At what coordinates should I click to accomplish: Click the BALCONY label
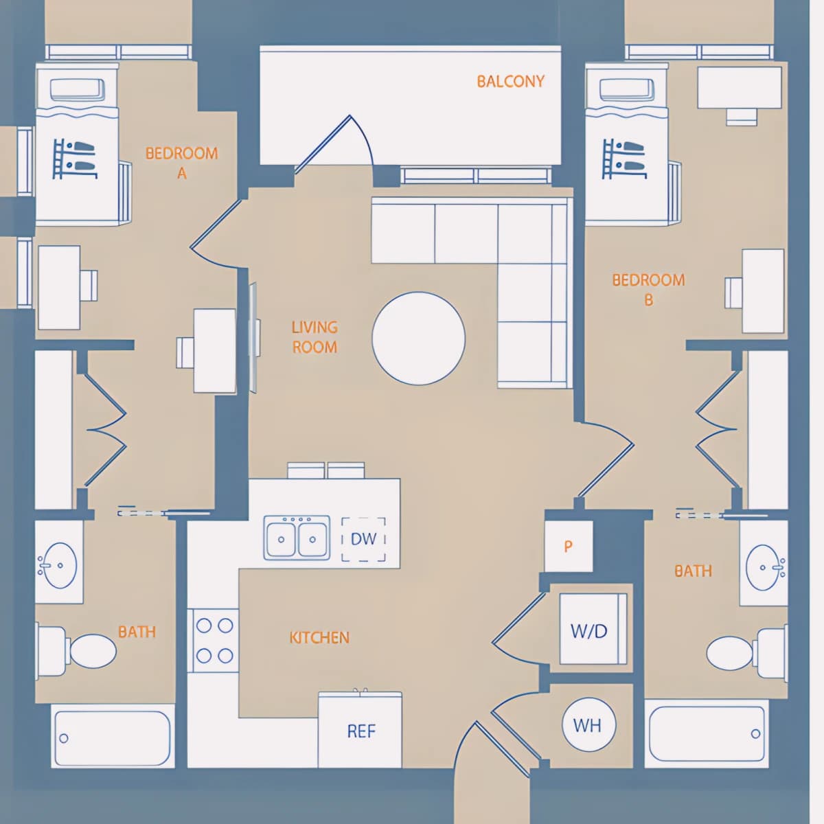pyautogui.click(x=511, y=81)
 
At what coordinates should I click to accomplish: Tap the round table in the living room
pyautogui.click(x=418, y=339)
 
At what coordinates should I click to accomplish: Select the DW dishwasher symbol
pyautogui.click(x=363, y=539)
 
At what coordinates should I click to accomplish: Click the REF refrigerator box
pyautogui.click(x=360, y=731)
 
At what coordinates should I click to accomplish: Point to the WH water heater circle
pyautogui.click(x=588, y=725)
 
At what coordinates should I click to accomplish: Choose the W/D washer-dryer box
pyautogui.click(x=593, y=629)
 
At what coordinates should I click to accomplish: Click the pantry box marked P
pyautogui.click(x=569, y=546)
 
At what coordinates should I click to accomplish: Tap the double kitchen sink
pyautogui.click(x=297, y=538)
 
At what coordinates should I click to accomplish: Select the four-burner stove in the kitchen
pyautogui.click(x=215, y=640)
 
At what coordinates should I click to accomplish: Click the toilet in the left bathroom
pyautogui.click(x=77, y=651)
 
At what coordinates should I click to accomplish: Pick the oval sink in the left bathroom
pyautogui.click(x=60, y=565)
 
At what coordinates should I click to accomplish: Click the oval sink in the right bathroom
pyautogui.click(x=764, y=567)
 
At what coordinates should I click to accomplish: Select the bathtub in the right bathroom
pyautogui.click(x=707, y=734)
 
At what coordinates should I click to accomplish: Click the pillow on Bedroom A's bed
pyautogui.click(x=78, y=89)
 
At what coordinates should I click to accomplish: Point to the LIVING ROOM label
pyautogui.click(x=314, y=337)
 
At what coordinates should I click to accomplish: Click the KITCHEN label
pyautogui.click(x=319, y=637)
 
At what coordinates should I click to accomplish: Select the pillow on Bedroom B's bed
pyautogui.click(x=628, y=90)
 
